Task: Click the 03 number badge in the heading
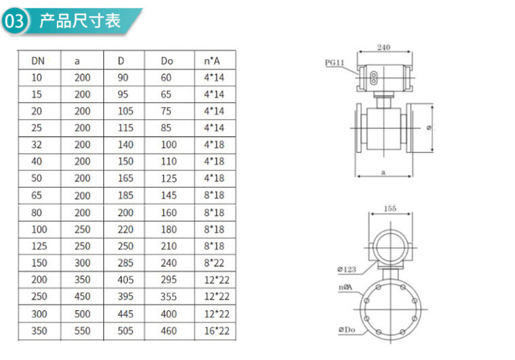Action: coord(14,21)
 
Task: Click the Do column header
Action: coord(167,61)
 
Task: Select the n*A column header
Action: coord(212,61)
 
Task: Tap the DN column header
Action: coord(38,61)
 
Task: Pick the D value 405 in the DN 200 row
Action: coord(126,280)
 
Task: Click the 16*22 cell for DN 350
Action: coord(217,331)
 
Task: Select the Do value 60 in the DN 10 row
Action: coord(166,78)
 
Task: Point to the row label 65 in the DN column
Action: coord(37,196)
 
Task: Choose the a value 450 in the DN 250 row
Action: coord(82,296)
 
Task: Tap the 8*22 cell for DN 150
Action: coord(214,263)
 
